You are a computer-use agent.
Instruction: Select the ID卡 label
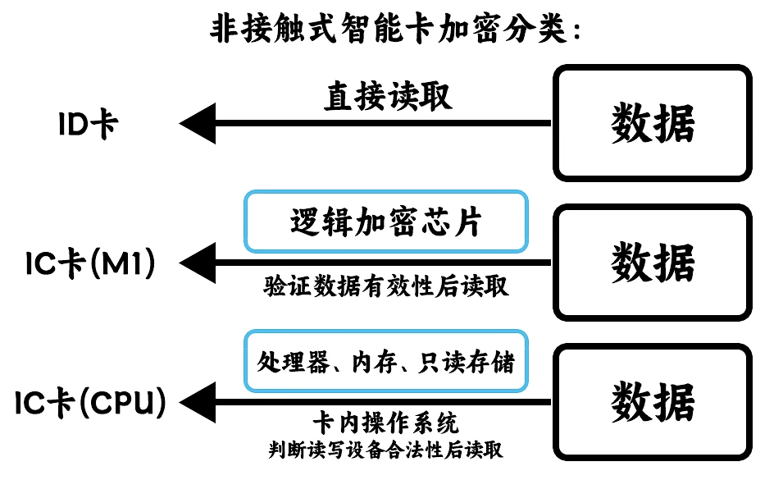tap(89, 125)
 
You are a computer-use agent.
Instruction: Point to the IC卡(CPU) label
tap(91, 402)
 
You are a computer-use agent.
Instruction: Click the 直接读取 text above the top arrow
tap(388, 96)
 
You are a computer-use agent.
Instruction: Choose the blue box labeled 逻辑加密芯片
tap(385, 222)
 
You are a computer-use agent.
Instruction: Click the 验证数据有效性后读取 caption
tap(385, 286)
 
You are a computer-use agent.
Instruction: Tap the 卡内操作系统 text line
tap(385, 423)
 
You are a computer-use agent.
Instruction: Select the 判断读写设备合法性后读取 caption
tap(385, 450)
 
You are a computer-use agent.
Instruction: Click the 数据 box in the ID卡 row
tap(653, 124)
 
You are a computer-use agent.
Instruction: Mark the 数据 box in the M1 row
tap(653, 263)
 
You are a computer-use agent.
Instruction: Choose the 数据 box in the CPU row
tap(653, 402)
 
